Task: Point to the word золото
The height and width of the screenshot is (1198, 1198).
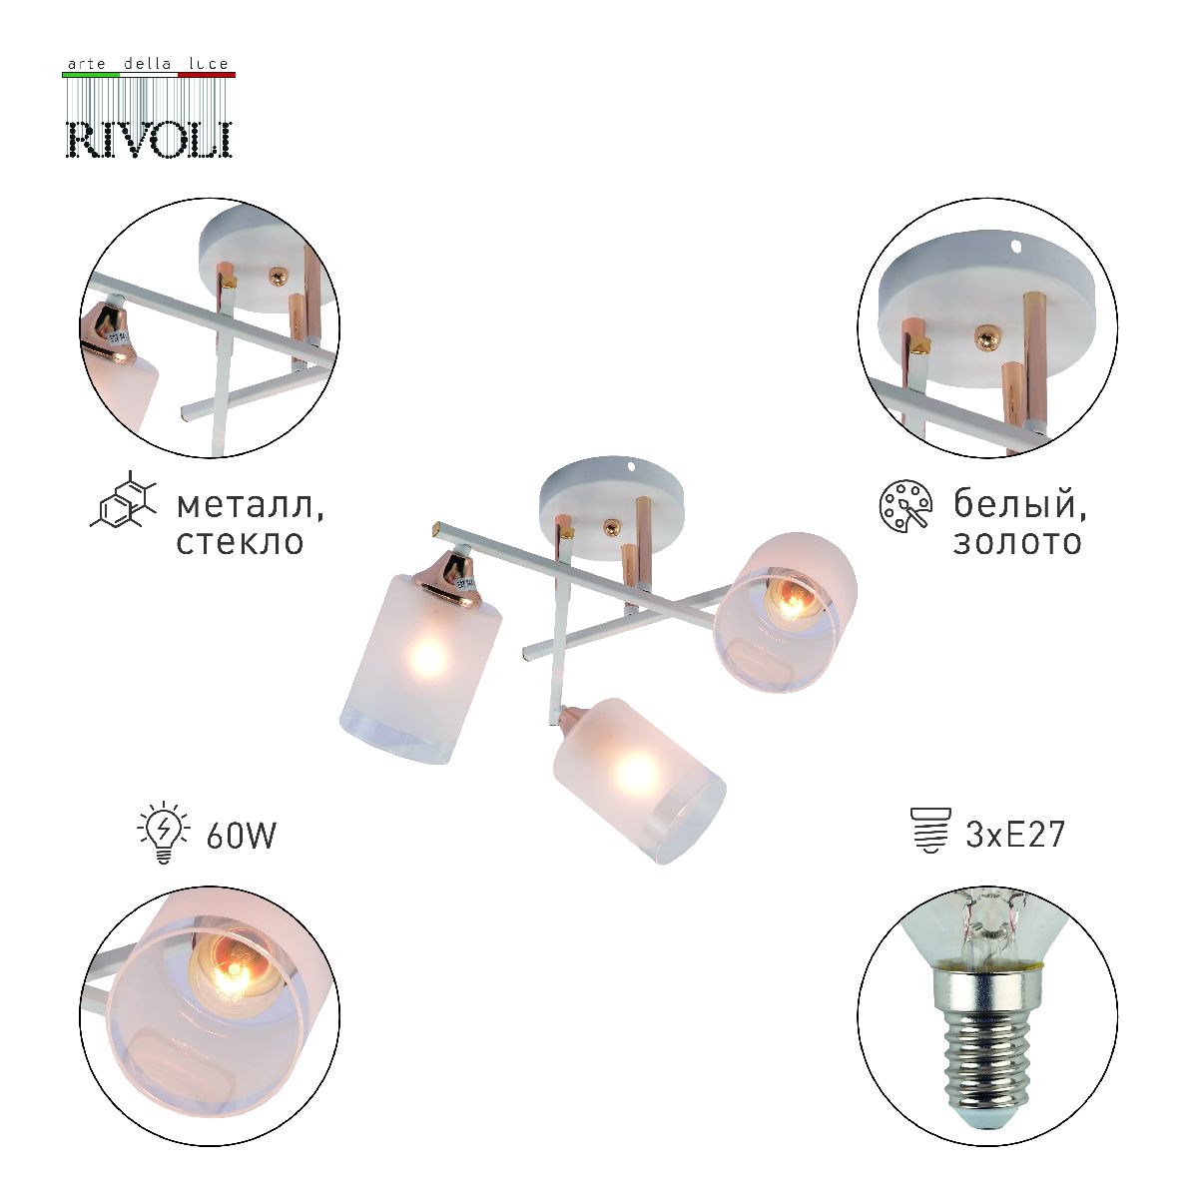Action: [1017, 542]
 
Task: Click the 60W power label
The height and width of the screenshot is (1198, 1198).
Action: [241, 835]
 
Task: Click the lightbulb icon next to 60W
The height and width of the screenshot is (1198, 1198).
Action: [162, 833]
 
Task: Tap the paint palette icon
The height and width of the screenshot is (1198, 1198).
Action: [904, 505]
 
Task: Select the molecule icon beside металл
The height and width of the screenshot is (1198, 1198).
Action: [123, 501]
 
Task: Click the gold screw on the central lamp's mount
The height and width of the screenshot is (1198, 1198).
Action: [609, 522]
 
